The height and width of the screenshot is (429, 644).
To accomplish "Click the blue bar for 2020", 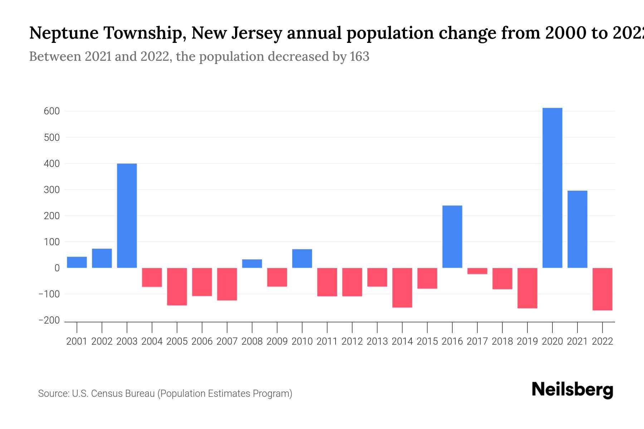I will pos(552,188).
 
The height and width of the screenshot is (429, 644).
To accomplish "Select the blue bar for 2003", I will pos(127,216).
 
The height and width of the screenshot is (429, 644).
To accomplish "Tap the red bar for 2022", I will pos(602,289).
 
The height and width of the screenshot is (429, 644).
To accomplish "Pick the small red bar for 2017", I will pos(477,271).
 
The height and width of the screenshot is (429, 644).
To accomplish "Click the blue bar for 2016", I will pos(452,237).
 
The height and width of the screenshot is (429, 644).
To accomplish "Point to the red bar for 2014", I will pos(402,287).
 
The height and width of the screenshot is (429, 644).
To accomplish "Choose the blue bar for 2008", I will pos(252,263).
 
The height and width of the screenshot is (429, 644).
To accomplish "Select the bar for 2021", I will pos(577,229).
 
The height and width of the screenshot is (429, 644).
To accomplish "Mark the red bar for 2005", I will pos(177,286).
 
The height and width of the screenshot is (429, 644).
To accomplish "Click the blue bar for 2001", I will pos(77,262).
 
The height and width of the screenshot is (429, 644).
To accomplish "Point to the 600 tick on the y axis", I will pos(52,111).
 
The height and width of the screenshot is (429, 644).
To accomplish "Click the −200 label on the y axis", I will pos(49,320).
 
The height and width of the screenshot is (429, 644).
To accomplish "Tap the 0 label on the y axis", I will pos(57,268).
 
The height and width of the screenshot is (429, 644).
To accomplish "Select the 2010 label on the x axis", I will pos(302,341).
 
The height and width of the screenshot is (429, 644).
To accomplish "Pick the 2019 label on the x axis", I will pos(527,341).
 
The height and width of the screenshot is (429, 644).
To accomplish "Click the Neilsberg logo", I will pos(572,390).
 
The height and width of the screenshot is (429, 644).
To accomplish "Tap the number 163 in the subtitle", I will pos(360,56).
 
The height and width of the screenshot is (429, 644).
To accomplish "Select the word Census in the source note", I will pos(107,394).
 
